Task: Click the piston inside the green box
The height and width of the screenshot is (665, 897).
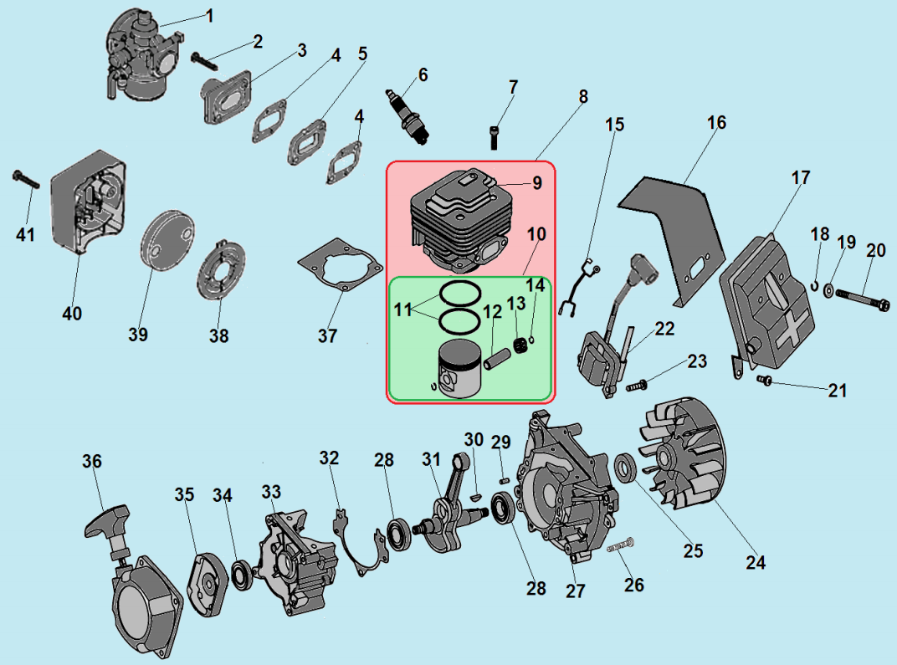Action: pos(456,371)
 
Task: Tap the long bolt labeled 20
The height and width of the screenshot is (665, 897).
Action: pos(862,299)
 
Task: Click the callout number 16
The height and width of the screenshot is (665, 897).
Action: pos(716,123)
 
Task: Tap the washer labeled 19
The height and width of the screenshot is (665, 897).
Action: pos(828,290)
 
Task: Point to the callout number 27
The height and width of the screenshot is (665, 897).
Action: pos(575,591)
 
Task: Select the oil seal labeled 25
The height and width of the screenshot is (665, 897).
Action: pos(625,468)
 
